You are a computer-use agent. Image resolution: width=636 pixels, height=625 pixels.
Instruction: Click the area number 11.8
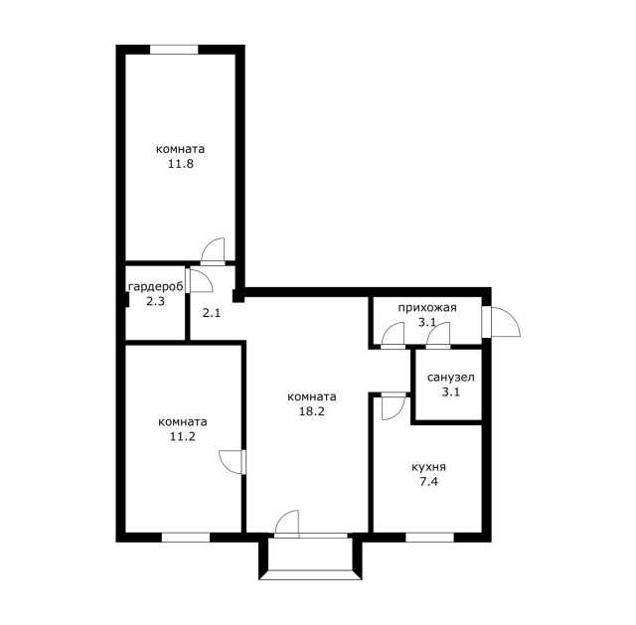(181, 164)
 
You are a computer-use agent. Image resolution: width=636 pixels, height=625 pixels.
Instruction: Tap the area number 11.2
(183, 437)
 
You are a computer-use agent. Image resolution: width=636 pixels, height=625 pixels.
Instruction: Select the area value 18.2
(312, 411)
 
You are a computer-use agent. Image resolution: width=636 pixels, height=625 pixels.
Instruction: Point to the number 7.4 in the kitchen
(428, 482)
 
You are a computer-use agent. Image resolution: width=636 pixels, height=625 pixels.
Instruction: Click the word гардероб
(156, 287)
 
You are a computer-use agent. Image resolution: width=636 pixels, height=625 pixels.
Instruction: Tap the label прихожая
(427, 308)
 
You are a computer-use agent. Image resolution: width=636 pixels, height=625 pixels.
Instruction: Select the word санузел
(450, 378)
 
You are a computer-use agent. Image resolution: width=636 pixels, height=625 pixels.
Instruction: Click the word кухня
(428, 467)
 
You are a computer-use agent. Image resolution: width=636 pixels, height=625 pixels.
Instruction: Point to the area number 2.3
(155, 301)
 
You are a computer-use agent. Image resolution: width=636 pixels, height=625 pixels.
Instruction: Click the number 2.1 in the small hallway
(212, 313)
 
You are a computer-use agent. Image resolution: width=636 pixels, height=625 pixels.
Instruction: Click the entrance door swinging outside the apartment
(503, 322)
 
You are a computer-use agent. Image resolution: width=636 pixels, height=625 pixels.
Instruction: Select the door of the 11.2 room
(232, 462)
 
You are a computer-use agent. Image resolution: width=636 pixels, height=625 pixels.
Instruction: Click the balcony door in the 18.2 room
(287, 524)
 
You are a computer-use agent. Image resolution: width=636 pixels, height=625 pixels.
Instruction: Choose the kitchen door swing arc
(394, 406)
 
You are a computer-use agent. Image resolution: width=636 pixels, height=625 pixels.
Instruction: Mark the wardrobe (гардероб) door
(200, 280)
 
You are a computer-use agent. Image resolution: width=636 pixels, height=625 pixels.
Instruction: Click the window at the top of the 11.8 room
(174, 50)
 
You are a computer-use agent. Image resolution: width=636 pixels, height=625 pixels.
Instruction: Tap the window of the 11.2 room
(186, 538)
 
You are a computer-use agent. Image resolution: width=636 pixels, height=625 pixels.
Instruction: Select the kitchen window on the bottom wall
(430, 538)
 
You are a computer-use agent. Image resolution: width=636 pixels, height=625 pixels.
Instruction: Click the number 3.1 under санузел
(450, 392)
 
